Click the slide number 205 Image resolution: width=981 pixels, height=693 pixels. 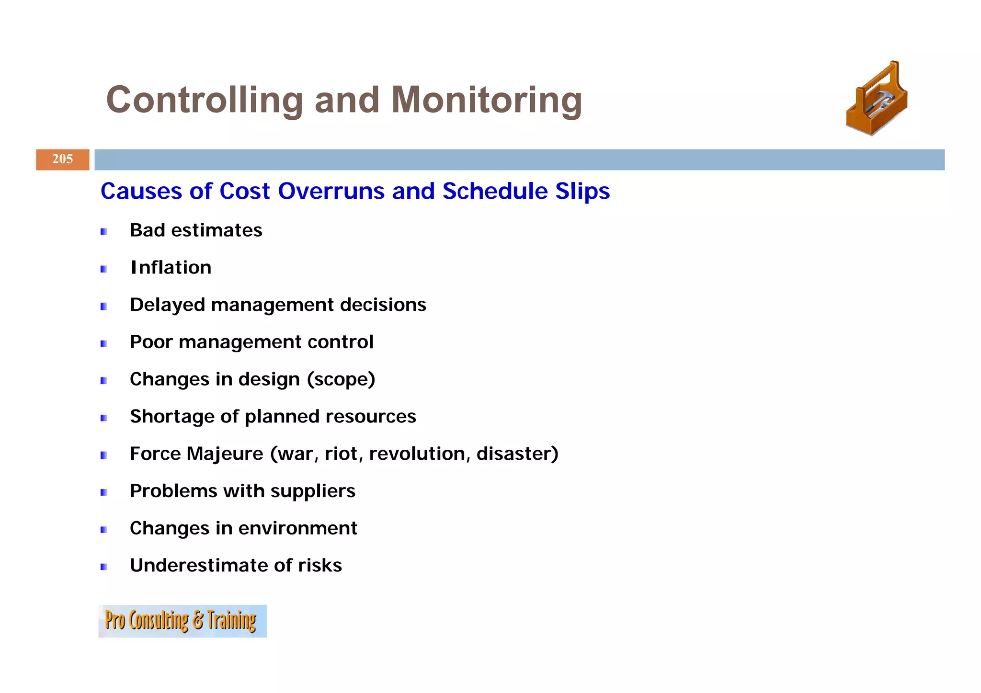pyautogui.click(x=63, y=159)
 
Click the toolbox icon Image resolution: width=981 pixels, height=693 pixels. pyautogui.click(x=877, y=99)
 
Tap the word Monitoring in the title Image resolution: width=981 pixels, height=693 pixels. pyautogui.click(x=486, y=100)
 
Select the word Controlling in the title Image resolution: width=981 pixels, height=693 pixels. pyautogui.click(x=205, y=100)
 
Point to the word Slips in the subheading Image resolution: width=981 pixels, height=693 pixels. pyautogui.click(x=582, y=191)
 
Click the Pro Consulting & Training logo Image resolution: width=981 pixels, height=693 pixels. pyautogui.click(x=182, y=621)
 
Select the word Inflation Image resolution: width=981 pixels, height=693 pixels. pyautogui.click(x=171, y=268)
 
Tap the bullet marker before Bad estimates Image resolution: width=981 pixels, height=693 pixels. pyautogui.click(x=103, y=232)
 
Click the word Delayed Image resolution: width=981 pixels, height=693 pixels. pyautogui.click(x=167, y=305)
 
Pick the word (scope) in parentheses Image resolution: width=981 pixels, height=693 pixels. pyautogui.click(x=341, y=380)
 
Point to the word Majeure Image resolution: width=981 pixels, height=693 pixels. pyautogui.click(x=225, y=454)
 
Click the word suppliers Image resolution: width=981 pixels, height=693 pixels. pyautogui.click(x=313, y=491)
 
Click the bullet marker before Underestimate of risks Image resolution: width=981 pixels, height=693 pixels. pyautogui.click(x=103, y=567)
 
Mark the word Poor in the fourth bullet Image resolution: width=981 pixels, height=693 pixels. pyautogui.click(x=151, y=342)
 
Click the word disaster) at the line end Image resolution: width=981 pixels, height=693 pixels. pyautogui.click(x=517, y=454)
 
